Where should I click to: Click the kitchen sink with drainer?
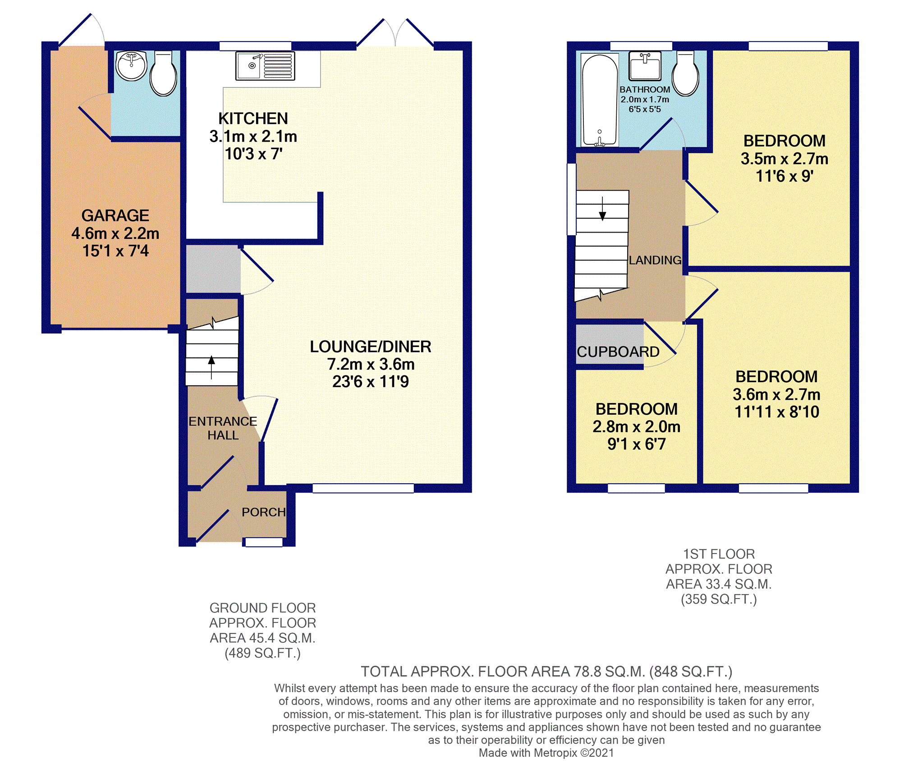coord(265,66)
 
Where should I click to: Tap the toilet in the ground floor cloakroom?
coord(163,73)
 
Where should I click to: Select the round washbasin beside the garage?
coord(131,65)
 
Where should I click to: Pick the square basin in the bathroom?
coord(645,66)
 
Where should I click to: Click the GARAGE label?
coord(115,215)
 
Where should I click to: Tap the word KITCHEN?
coord(253,119)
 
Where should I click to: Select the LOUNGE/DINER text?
coord(371,347)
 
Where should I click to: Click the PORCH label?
coord(264,512)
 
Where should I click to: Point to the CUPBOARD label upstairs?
coord(618,352)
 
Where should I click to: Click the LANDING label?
coord(655,260)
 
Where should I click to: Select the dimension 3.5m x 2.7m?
coord(785,159)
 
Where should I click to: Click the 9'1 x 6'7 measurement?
coord(636,444)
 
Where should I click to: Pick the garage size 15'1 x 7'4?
coord(115,251)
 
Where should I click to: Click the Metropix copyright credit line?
coord(546,753)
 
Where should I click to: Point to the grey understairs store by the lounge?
coord(213,269)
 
